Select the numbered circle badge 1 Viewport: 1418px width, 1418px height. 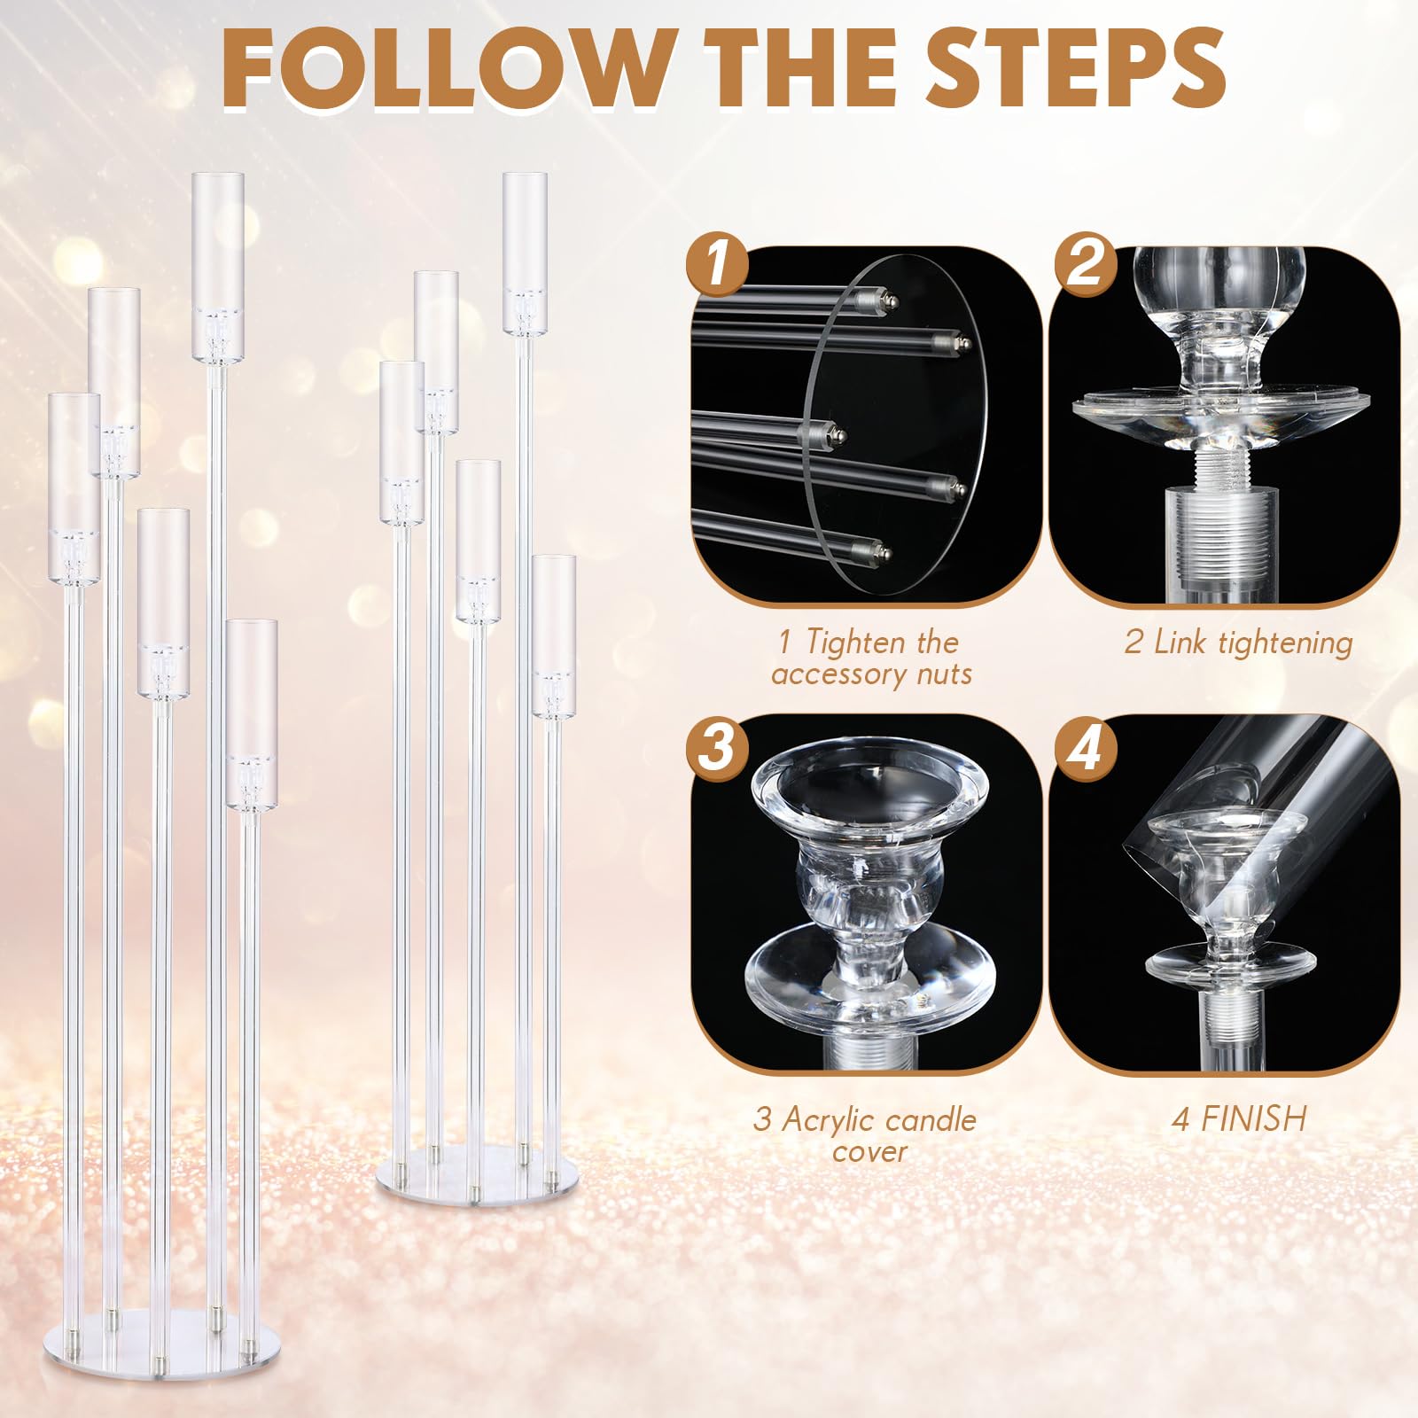coord(717,264)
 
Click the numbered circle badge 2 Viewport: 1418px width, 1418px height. coord(1085,264)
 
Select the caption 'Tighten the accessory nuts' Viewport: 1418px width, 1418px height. coord(872,658)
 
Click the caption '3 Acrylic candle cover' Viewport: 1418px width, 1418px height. coord(865,1134)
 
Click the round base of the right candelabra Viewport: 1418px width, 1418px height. coord(477,1173)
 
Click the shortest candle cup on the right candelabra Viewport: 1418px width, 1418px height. coord(554,636)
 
